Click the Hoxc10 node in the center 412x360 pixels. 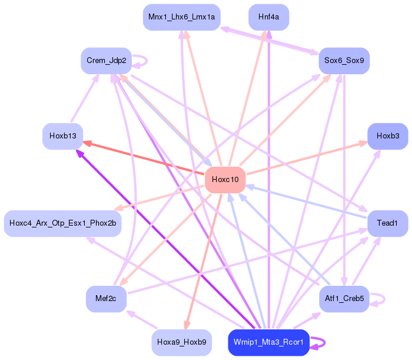click(x=225, y=180)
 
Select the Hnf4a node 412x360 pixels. click(x=268, y=17)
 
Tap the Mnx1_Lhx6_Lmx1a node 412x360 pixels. click(x=181, y=17)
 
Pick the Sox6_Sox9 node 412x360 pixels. click(x=344, y=61)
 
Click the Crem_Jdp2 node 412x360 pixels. click(x=106, y=61)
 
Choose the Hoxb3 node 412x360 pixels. click(x=387, y=136)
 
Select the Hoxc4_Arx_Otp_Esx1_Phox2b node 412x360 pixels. click(x=62, y=223)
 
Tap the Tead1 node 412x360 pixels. click(x=387, y=223)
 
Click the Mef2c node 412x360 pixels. click(x=106, y=299)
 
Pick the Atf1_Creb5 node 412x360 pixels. click(x=344, y=299)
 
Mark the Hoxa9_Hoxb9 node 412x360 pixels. click(x=181, y=342)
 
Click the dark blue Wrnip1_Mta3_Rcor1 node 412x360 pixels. click(x=268, y=342)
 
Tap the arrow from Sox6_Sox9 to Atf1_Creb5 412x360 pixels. click(x=344, y=177)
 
